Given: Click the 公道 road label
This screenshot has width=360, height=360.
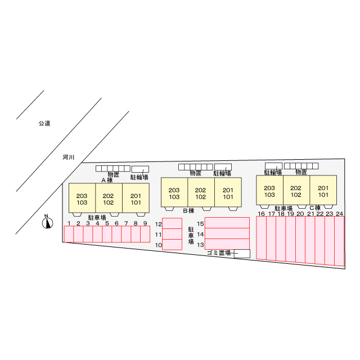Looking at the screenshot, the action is coord(44,123).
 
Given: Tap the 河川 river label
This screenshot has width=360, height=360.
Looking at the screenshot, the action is coord(69,157).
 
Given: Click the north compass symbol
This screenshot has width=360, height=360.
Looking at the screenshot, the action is coord(47,223).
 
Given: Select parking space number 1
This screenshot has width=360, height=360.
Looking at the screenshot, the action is coord(69,234).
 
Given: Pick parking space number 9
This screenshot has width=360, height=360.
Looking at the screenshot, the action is coord(145,234).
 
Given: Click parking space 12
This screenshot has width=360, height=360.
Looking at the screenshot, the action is coord(172,223).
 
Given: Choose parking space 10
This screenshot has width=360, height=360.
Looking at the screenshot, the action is coord(172,245).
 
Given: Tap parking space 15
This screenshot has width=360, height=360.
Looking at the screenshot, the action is coord(227,223).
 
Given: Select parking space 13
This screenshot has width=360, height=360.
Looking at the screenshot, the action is coord(227,244).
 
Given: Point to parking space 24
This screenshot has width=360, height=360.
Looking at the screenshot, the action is coord(340,241).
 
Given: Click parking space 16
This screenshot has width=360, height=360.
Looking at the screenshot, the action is coord(261,238).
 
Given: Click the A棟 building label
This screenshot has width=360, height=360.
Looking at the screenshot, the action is coord(107,180).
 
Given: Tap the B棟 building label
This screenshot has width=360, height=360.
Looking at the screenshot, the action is coord(189,210).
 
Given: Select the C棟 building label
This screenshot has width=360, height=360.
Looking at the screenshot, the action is coord(315,208).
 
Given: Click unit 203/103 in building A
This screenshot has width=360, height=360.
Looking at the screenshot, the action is coord(82,198).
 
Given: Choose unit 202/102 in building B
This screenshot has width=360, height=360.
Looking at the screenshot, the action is coord(201,192).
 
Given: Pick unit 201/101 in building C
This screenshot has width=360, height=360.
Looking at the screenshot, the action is coord(323,190).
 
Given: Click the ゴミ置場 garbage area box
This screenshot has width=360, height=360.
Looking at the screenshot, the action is coord(242,254).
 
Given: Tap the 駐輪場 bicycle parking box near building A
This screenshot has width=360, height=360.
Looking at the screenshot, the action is coord(140,169).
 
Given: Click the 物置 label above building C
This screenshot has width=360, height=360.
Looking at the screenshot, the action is coord(301,172).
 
